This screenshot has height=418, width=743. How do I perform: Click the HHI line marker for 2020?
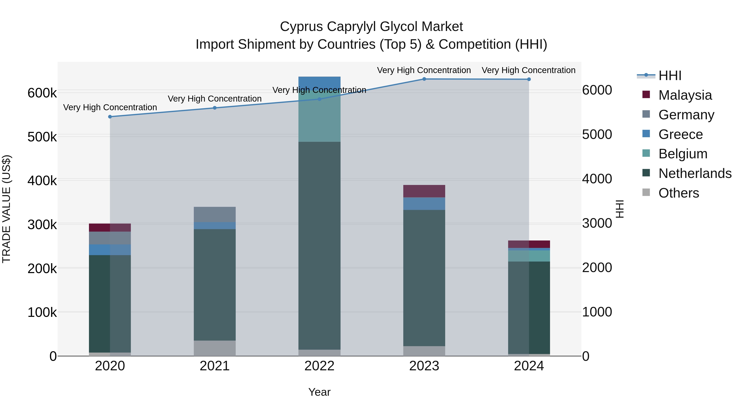coord(110,117)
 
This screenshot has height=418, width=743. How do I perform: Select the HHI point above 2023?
coord(424,79)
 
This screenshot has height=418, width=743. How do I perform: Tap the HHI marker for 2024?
coord(529,79)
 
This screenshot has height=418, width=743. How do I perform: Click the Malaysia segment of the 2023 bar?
coord(424,191)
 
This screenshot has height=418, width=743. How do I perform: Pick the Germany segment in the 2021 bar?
coord(215,214)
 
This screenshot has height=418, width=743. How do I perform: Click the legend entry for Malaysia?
coord(685,95)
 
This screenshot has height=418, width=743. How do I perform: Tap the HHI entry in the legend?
coord(670,76)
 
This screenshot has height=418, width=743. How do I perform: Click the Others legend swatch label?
coord(678,193)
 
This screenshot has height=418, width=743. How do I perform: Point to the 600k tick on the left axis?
coord(42,93)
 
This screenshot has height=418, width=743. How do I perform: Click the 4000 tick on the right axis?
coord(597,179)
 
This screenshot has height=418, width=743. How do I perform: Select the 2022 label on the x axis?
coord(319,366)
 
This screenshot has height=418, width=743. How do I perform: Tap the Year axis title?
coord(319,392)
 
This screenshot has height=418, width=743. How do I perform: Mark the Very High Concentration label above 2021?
coord(215,99)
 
